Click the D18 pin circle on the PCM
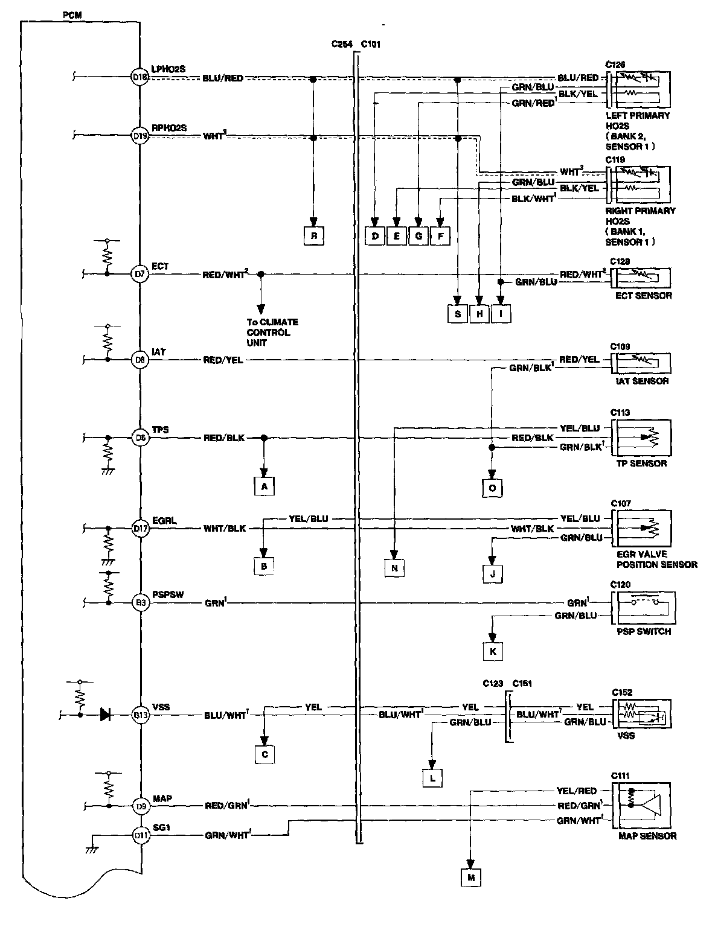tap(140, 77)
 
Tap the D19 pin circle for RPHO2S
tap(140, 136)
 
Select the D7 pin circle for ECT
tap(140, 275)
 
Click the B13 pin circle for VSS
tap(140, 715)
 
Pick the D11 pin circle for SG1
tap(140, 835)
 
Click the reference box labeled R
tap(314, 236)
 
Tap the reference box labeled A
tap(264, 486)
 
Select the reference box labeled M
tap(471, 878)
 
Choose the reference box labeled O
tap(492, 488)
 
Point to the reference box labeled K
tap(493, 652)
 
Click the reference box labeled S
tap(458, 314)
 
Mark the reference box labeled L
tap(432, 779)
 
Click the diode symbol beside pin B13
tap(105, 715)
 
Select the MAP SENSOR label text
tap(647, 836)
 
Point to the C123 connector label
tap(493, 684)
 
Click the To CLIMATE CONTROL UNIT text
tap(272, 333)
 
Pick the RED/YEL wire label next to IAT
tap(223, 360)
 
